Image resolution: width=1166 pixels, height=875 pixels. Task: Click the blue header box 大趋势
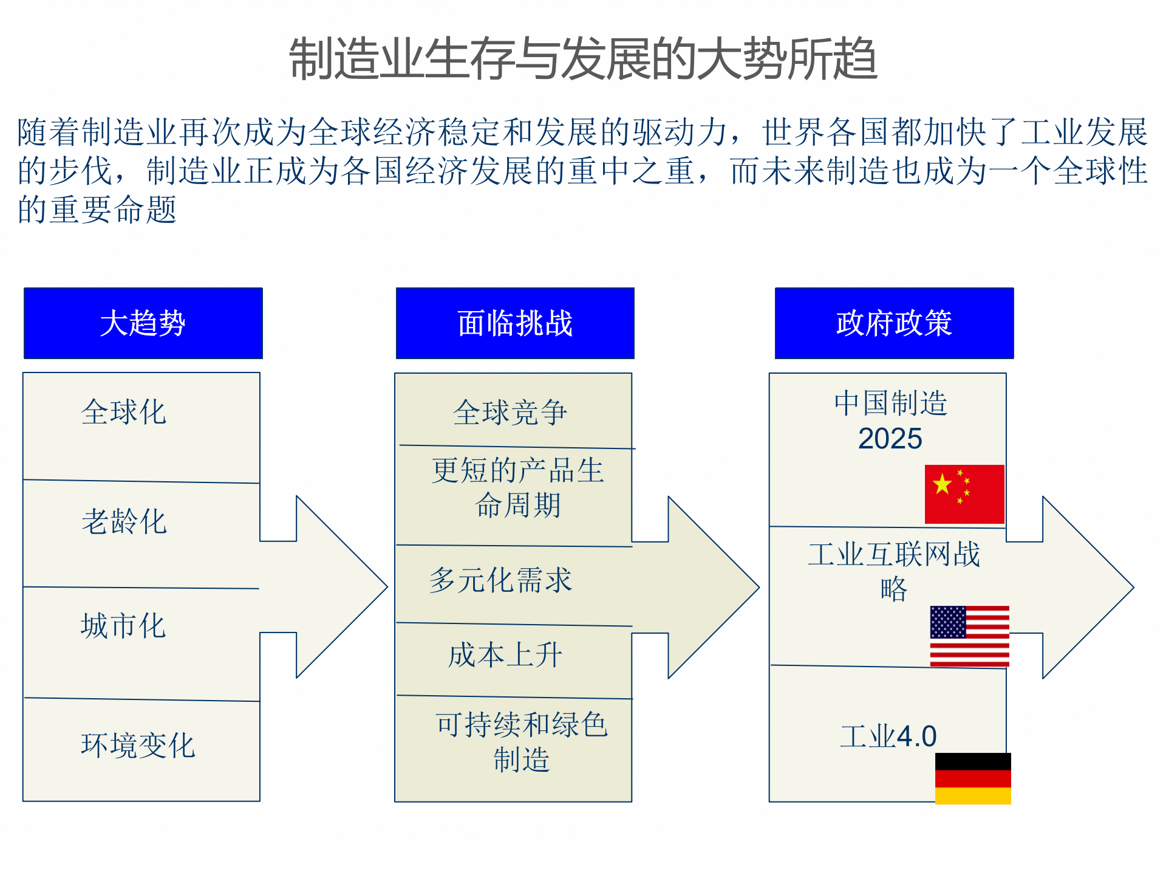143,323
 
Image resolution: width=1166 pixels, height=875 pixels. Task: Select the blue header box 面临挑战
515,323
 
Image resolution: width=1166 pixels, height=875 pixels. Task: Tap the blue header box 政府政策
894,323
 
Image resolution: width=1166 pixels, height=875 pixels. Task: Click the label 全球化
124,412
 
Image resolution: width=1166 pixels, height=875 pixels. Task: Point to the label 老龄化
124,521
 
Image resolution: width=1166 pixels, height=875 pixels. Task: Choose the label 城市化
123,626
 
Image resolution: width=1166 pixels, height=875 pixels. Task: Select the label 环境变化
138,745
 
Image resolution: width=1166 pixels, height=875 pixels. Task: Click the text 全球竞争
510,413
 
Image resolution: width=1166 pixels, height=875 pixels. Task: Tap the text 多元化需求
501,580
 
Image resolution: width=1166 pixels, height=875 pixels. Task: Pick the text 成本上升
505,655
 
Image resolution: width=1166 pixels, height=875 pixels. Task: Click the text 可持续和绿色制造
521,741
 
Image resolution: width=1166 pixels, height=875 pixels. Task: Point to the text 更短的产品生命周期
517,487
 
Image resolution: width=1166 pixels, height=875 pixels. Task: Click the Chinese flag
964,494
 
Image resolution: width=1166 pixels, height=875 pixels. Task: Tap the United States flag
969,636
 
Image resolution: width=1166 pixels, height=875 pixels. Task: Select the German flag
973,778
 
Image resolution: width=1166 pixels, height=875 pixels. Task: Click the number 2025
890,439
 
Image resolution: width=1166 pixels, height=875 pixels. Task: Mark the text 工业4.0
888,736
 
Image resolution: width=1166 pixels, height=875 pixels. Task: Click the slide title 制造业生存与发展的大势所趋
583,59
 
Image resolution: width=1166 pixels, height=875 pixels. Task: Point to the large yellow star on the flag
943,484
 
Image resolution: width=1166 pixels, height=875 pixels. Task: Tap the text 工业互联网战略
894,571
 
